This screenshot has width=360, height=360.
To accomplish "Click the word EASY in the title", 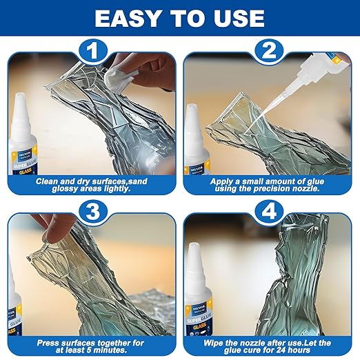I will click(x=131, y=18).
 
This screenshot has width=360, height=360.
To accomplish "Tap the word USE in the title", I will click(x=236, y=18).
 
